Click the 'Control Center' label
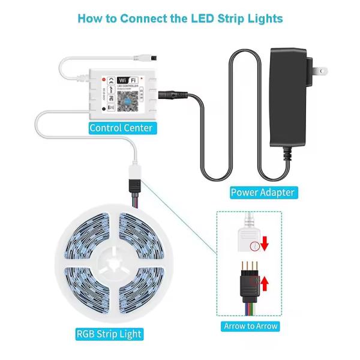(121, 128)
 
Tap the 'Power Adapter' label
(263, 193)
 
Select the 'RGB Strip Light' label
(109, 334)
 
